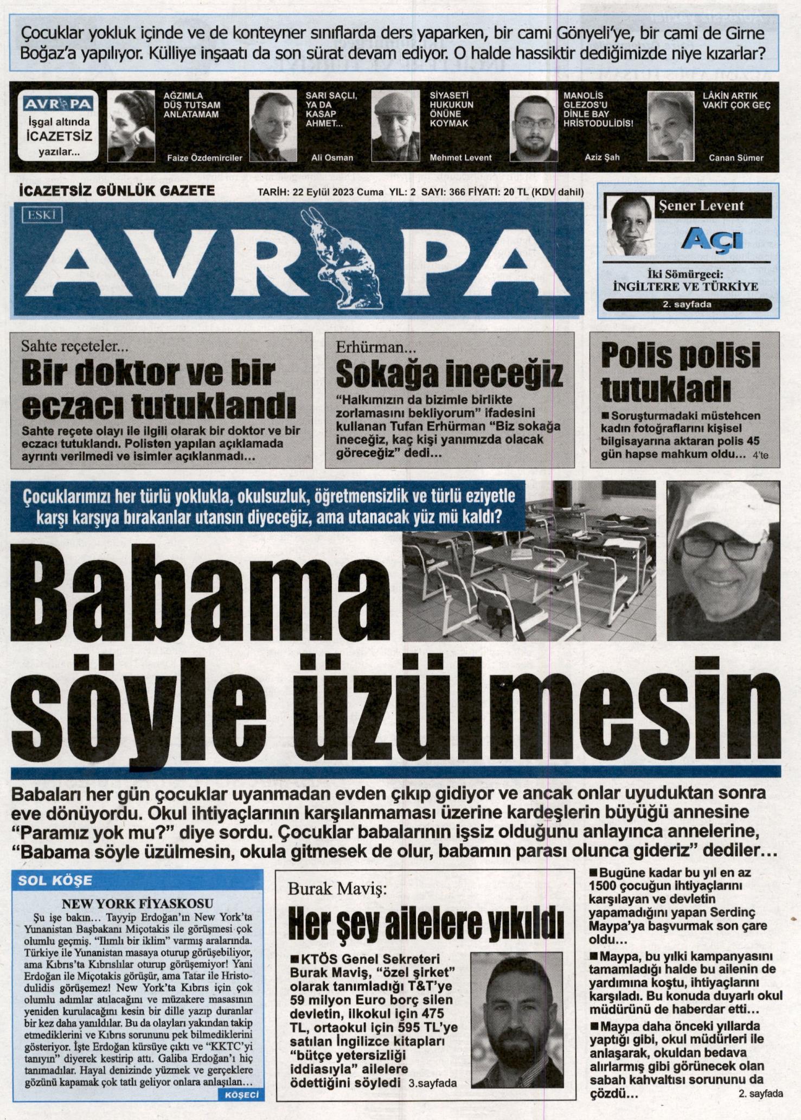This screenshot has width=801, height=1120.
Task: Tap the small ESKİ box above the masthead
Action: tap(42, 215)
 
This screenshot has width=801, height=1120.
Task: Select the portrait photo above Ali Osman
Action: tap(273, 126)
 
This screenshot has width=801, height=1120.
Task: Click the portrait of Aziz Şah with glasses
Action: tap(534, 126)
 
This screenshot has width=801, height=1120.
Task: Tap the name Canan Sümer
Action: tap(735, 158)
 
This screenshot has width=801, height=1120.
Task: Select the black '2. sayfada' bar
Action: tap(687, 304)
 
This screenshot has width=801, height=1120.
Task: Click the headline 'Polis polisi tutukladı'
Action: tap(681, 372)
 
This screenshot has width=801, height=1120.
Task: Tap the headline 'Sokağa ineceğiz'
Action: tap(449, 374)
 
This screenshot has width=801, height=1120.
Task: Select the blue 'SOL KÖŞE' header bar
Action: tap(138, 880)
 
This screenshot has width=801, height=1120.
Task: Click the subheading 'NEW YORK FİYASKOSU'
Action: tap(137, 903)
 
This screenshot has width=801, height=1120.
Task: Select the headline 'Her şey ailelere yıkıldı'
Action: tap(425, 924)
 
